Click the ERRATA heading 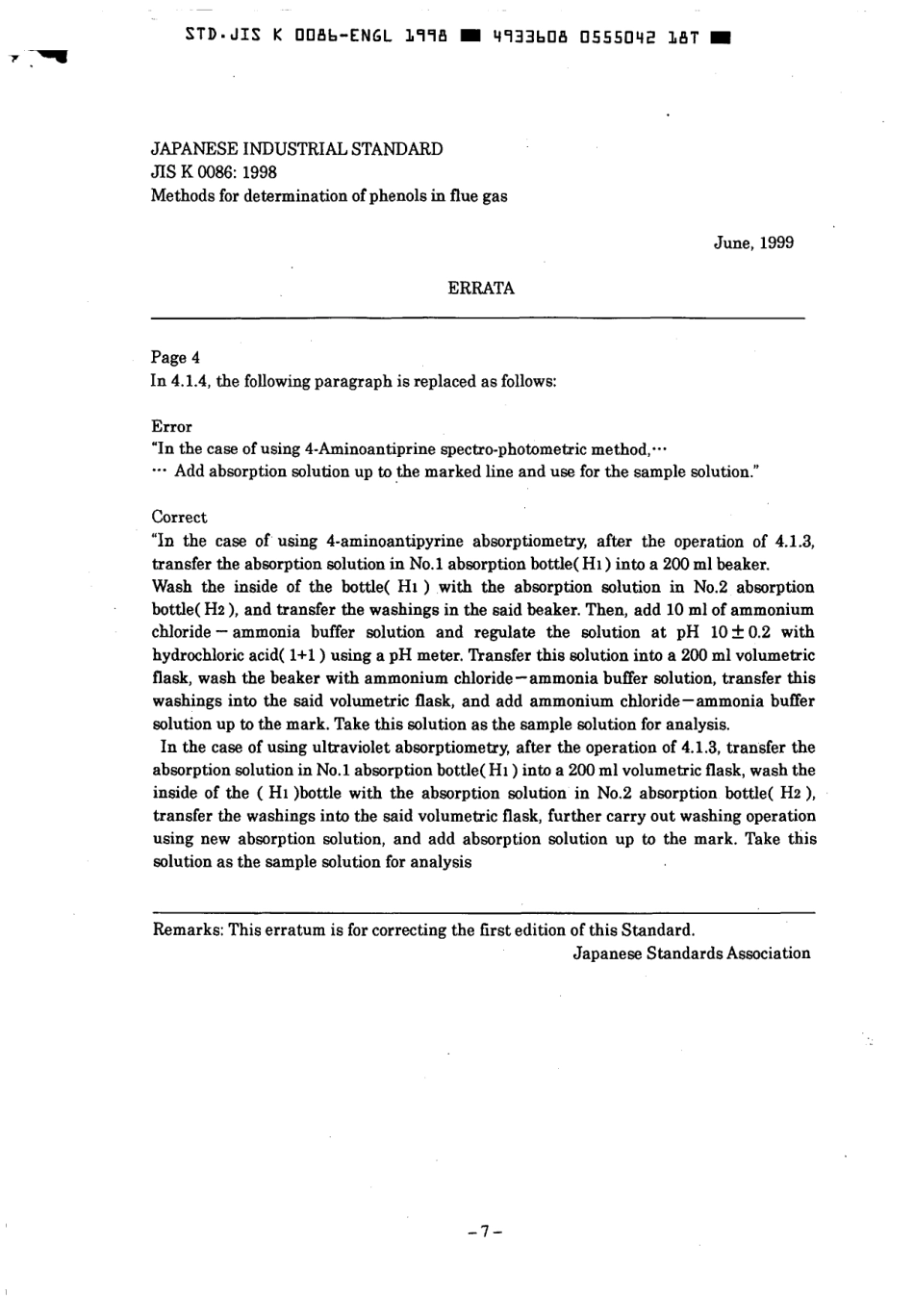coord(481,288)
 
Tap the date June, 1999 coord(753,242)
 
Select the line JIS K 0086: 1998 coord(214,172)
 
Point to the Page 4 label coord(175,358)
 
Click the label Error coord(171,426)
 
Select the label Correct coord(179,517)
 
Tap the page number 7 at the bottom coord(485,1231)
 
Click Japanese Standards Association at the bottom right coord(692,953)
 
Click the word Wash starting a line coord(172,587)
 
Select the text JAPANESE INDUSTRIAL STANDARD coord(296,149)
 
